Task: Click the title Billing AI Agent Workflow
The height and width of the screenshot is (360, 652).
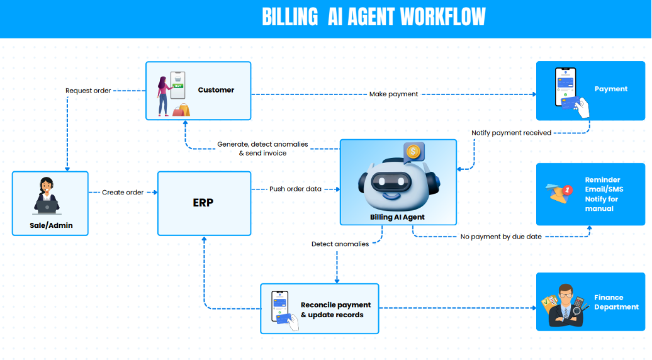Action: pyautogui.click(x=373, y=17)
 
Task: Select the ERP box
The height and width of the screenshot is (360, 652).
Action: pyautogui.click(x=203, y=203)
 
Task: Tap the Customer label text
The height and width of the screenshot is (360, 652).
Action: pyautogui.click(x=216, y=90)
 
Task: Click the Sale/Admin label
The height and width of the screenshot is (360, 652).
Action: pyautogui.click(x=50, y=225)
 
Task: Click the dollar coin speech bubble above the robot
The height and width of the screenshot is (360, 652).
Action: pyautogui.click(x=413, y=151)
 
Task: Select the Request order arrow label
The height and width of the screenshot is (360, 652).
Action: pyautogui.click(x=88, y=91)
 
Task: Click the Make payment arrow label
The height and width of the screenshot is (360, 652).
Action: pyautogui.click(x=394, y=94)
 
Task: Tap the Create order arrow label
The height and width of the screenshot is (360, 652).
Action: pyautogui.click(x=123, y=192)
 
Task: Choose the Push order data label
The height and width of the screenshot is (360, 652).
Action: pyautogui.click(x=295, y=189)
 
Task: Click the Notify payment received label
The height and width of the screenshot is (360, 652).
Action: pyautogui.click(x=512, y=133)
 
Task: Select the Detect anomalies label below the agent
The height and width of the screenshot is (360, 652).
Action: pyautogui.click(x=340, y=244)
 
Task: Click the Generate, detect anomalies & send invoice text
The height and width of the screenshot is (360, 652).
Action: pyautogui.click(x=262, y=149)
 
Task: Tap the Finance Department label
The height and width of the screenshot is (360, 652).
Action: pyautogui.click(x=616, y=302)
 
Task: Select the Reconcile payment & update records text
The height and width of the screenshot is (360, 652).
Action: pyautogui.click(x=335, y=310)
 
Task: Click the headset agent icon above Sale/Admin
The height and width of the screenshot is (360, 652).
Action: pyautogui.click(x=45, y=196)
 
